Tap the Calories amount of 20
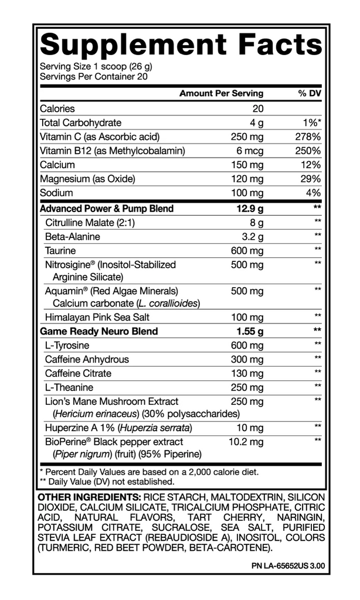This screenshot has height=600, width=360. coord(258,109)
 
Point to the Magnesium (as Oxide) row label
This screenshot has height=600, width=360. coord(87,179)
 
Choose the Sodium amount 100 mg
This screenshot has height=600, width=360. coord(247,193)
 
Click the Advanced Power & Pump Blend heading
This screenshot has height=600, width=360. coord(106,209)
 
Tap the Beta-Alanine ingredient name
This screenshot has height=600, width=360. coord(72,237)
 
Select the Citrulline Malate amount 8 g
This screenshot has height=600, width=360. coord(256,223)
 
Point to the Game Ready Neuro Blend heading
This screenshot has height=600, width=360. coord(99,332)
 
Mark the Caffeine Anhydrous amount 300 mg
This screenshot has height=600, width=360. coord(247,360)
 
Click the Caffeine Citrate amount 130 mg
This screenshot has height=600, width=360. coord(247,374)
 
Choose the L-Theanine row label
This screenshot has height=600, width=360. coord(69,388)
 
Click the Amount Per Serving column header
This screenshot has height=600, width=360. coord(221,94)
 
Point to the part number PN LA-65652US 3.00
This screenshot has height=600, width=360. coord(287,567)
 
